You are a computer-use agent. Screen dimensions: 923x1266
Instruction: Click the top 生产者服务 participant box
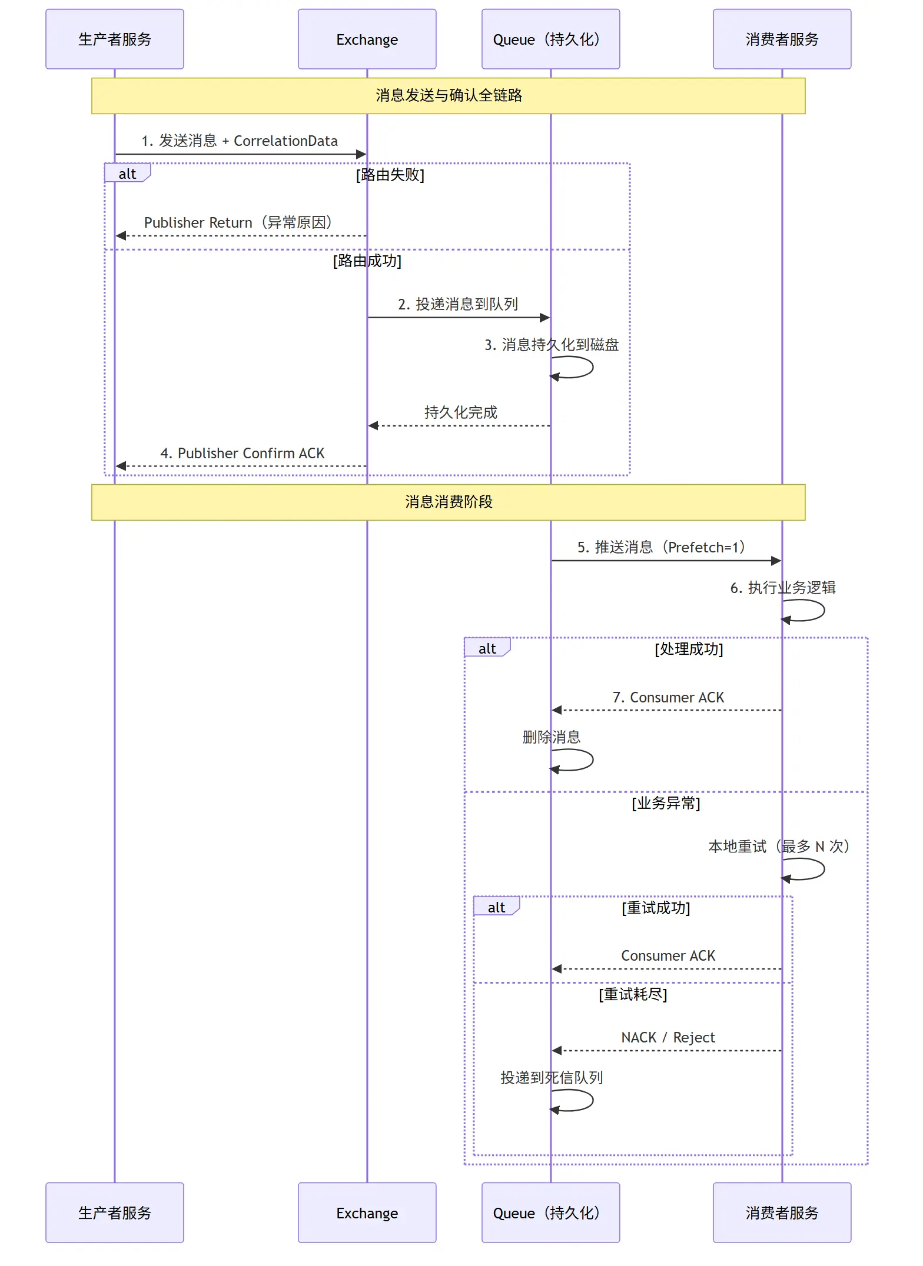pos(115,39)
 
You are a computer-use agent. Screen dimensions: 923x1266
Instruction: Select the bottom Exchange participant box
pos(367,1212)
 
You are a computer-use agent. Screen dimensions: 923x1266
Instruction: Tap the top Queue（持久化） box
pos(551,39)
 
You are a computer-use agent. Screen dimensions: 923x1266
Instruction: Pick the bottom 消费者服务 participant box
pos(782,1212)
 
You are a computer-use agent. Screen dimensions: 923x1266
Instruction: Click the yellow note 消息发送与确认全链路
pos(449,95)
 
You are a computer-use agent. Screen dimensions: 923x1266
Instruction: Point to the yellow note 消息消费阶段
pos(449,502)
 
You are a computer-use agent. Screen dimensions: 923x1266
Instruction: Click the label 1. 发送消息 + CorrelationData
pos(240,141)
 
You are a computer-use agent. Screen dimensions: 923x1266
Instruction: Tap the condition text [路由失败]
pos(390,175)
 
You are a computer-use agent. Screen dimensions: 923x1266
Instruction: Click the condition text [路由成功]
pos(367,261)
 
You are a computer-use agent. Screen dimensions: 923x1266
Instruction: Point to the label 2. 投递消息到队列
pos(458,304)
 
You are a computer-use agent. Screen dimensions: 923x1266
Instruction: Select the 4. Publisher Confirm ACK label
pos(243,453)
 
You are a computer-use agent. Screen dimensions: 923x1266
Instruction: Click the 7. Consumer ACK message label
pos(668,697)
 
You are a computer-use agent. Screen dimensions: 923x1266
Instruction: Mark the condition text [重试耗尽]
pos(633,994)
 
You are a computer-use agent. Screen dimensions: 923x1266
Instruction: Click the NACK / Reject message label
pos(668,1037)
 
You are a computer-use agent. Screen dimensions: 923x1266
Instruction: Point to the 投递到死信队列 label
pos(552,1078)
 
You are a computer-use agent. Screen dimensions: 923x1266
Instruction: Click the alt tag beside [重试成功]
pos(496,907)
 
